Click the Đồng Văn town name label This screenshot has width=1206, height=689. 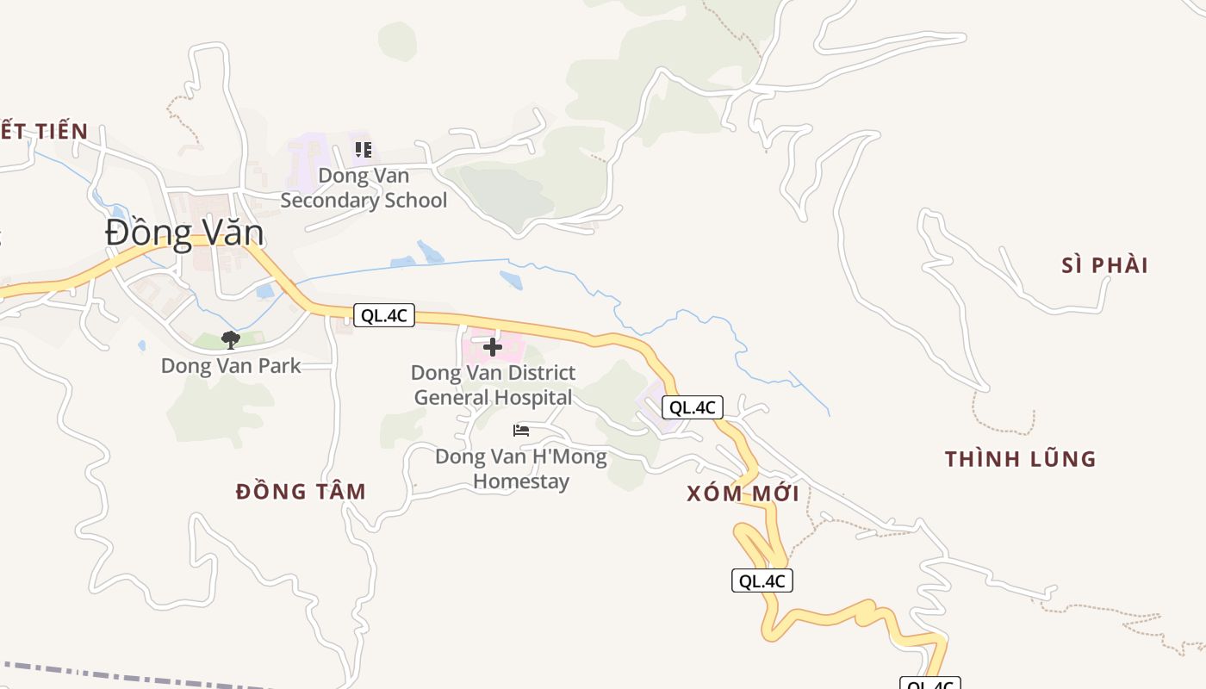pyautogui.click(x=184, y=233)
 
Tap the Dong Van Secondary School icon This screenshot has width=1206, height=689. pyautogui.click(x=364, y=150)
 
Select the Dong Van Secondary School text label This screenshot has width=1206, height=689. pyautogui.click(x=364, y=188)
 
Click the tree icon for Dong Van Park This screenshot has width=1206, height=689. pyautogui.click(x=230, y=340)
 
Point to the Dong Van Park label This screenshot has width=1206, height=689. pyautogui.click(x=231, y=365)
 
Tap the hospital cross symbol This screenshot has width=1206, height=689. pyautogui.click(x=493, y=347)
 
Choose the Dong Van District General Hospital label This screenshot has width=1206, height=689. pyautogui.click(x=493, y=385)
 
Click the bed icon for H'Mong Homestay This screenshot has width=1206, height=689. pyautogui.click(x=520, y=430)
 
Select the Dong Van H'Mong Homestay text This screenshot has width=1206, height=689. pyautogui.click(x=520, y=469)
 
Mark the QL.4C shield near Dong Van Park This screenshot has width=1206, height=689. pyautogui.click(x=383, y=315)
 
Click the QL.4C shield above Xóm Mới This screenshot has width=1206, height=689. pyautogui.click(x=692, y=407)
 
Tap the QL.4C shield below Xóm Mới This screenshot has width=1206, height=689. pyautogui.click(x=762, y=580)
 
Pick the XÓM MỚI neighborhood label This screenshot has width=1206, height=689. pyautogui.click(x=743, y=493)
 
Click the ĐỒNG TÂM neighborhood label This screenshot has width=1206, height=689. pyautogui.click(x=301, y=492)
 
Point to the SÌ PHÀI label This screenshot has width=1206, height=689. pyautogui.click(x=1104, y=265)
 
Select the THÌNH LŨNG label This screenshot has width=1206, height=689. pyautogui.click(x=1020, y=459)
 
